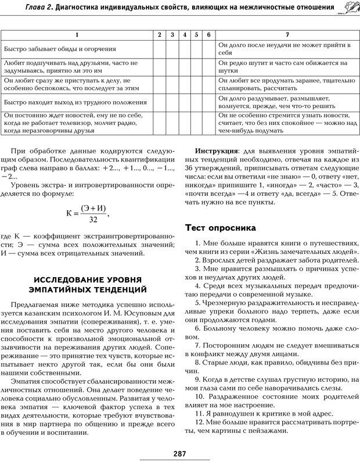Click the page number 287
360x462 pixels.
(179, 453)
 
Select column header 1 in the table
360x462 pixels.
(77, 35)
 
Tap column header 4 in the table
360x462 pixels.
(184, 35)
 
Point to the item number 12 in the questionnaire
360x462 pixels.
(199, 421)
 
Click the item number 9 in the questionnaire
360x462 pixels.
(197, 379)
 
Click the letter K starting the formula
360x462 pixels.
(69, 213)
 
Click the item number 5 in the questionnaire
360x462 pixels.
(197, 305)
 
